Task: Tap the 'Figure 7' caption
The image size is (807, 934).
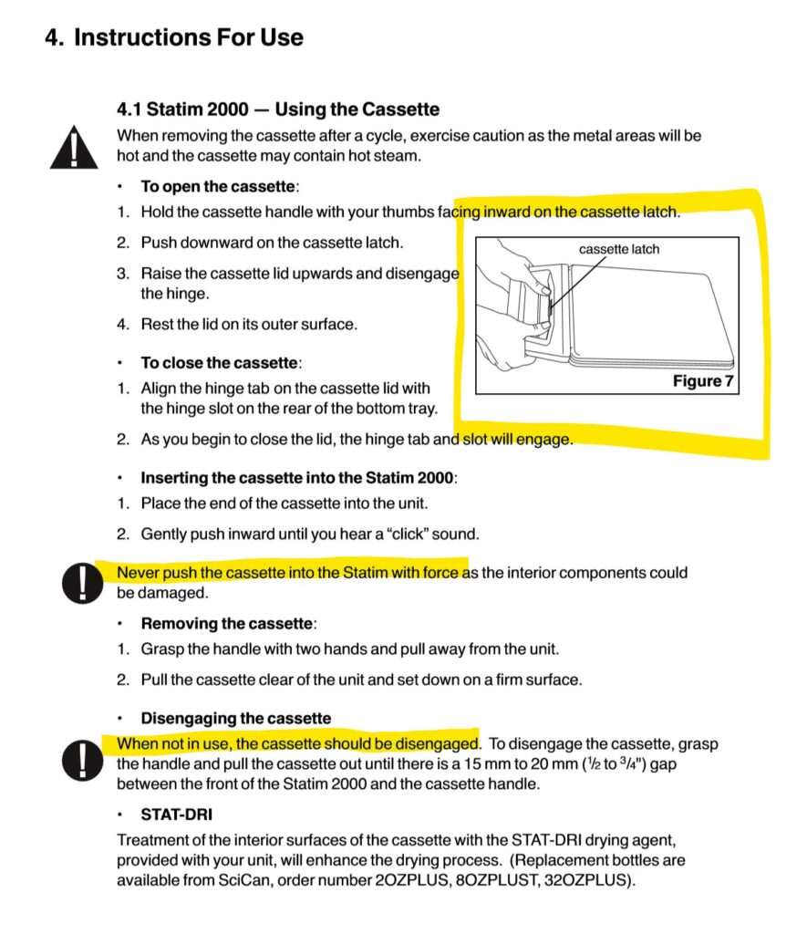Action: [702, 380]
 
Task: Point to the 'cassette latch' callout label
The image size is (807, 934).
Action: [619, 249]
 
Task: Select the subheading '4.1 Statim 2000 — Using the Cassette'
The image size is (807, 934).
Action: [278, 109]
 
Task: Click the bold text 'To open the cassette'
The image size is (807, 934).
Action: [218, 186]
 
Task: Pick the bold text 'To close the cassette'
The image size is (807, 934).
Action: [219, 362]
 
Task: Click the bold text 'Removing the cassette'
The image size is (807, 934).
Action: [226, 624]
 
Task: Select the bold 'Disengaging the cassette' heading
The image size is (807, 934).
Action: [235, 718]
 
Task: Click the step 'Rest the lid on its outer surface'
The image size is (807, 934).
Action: [249, 323]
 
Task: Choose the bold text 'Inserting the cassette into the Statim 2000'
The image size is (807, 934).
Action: [297, 477]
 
